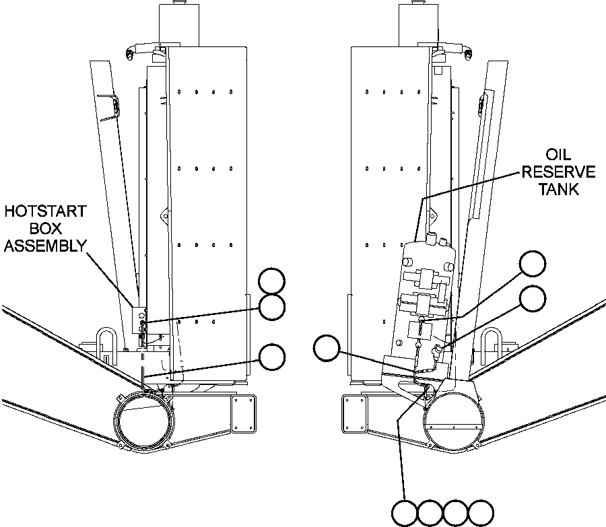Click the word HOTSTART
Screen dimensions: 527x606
tap(45, 211)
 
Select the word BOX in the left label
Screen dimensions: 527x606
tap(44, 228)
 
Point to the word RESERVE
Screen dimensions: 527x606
tap(558, 172)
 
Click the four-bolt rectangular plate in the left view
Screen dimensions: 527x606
tap(244, 414)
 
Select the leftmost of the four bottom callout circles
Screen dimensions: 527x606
tap(406, 514)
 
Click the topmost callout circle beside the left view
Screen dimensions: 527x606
tap(273, 281)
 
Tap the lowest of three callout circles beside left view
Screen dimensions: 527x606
tap(272, 357)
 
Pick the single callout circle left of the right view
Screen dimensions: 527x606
tap(327, 347)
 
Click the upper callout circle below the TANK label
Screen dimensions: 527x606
tap(533, 264)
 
